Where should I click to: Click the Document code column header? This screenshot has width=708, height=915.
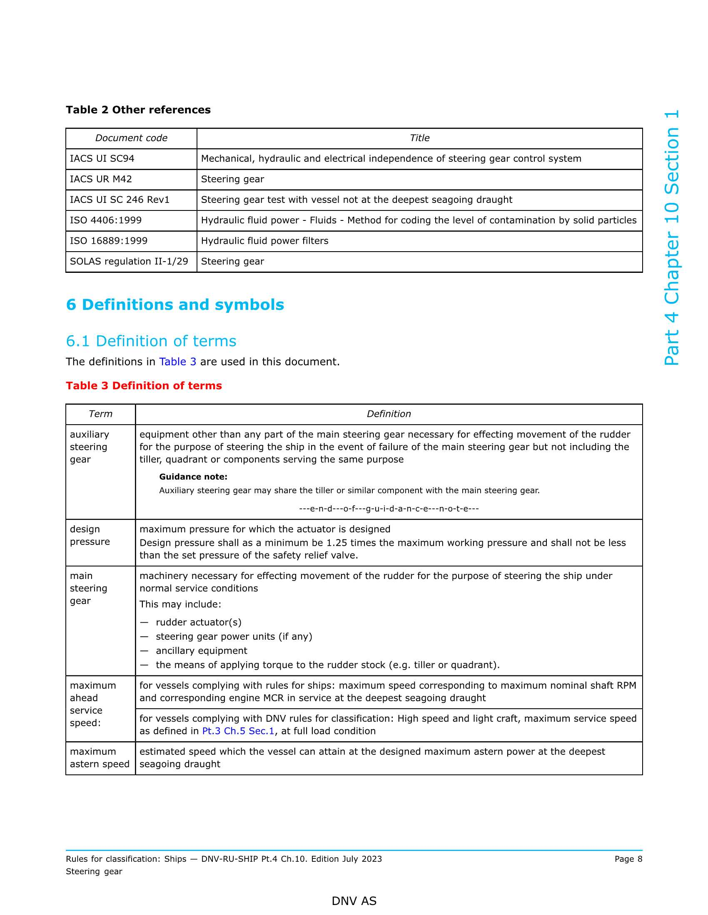(x=131, y=138)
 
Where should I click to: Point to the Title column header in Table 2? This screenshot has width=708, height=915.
(x=419, y=138)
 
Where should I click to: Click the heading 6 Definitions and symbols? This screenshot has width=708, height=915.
(x=175, y=304)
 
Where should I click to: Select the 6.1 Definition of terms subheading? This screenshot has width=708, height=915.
(x=151, y=341)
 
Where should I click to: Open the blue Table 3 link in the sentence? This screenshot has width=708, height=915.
(x=177, y=361)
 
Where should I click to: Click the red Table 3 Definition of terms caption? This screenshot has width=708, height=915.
(x=143, y=386)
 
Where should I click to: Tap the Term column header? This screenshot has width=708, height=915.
(x=100, y=414)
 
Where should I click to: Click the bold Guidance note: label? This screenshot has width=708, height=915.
(x=193, y=477)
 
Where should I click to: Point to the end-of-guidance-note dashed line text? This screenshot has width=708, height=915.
(x=389, y=509)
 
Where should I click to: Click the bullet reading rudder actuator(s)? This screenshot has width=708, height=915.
(x=198, y=622)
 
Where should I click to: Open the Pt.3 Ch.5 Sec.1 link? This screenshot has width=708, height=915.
(x=238, y=731)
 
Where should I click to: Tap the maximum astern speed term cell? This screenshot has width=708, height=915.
(x=100, y=757)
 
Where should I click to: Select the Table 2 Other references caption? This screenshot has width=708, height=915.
(x=138, y=110)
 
